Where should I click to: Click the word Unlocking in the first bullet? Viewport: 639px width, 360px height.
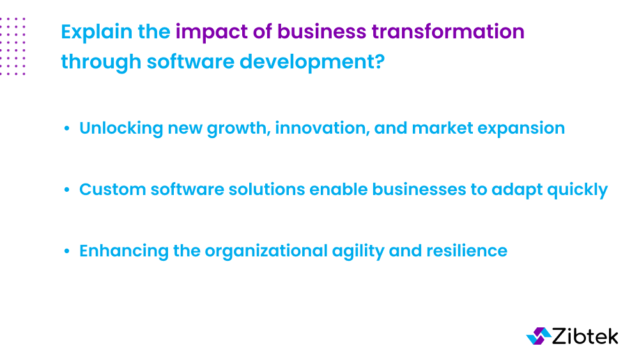tap(121, 128)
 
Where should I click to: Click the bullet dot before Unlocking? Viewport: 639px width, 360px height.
tap(67, 129)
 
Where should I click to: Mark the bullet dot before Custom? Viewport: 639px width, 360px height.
tap(67, 191)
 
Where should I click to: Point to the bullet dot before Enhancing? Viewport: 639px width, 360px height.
tap(67, 251)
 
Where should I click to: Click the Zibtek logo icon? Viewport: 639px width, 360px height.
tap(538, 336)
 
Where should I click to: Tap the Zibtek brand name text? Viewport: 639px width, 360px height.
tap(584, 336)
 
